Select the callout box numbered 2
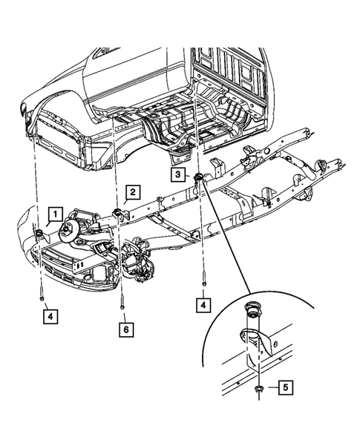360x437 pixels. coord(131,193)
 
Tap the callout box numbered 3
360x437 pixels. coord(180,174)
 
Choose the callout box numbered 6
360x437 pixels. coord(125,328)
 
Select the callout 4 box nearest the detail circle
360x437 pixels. coord(202,304)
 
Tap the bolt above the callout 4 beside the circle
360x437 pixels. coord(202,281)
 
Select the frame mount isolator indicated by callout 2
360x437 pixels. coord(118,215)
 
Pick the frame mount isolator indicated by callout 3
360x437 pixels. coord(198,177)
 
